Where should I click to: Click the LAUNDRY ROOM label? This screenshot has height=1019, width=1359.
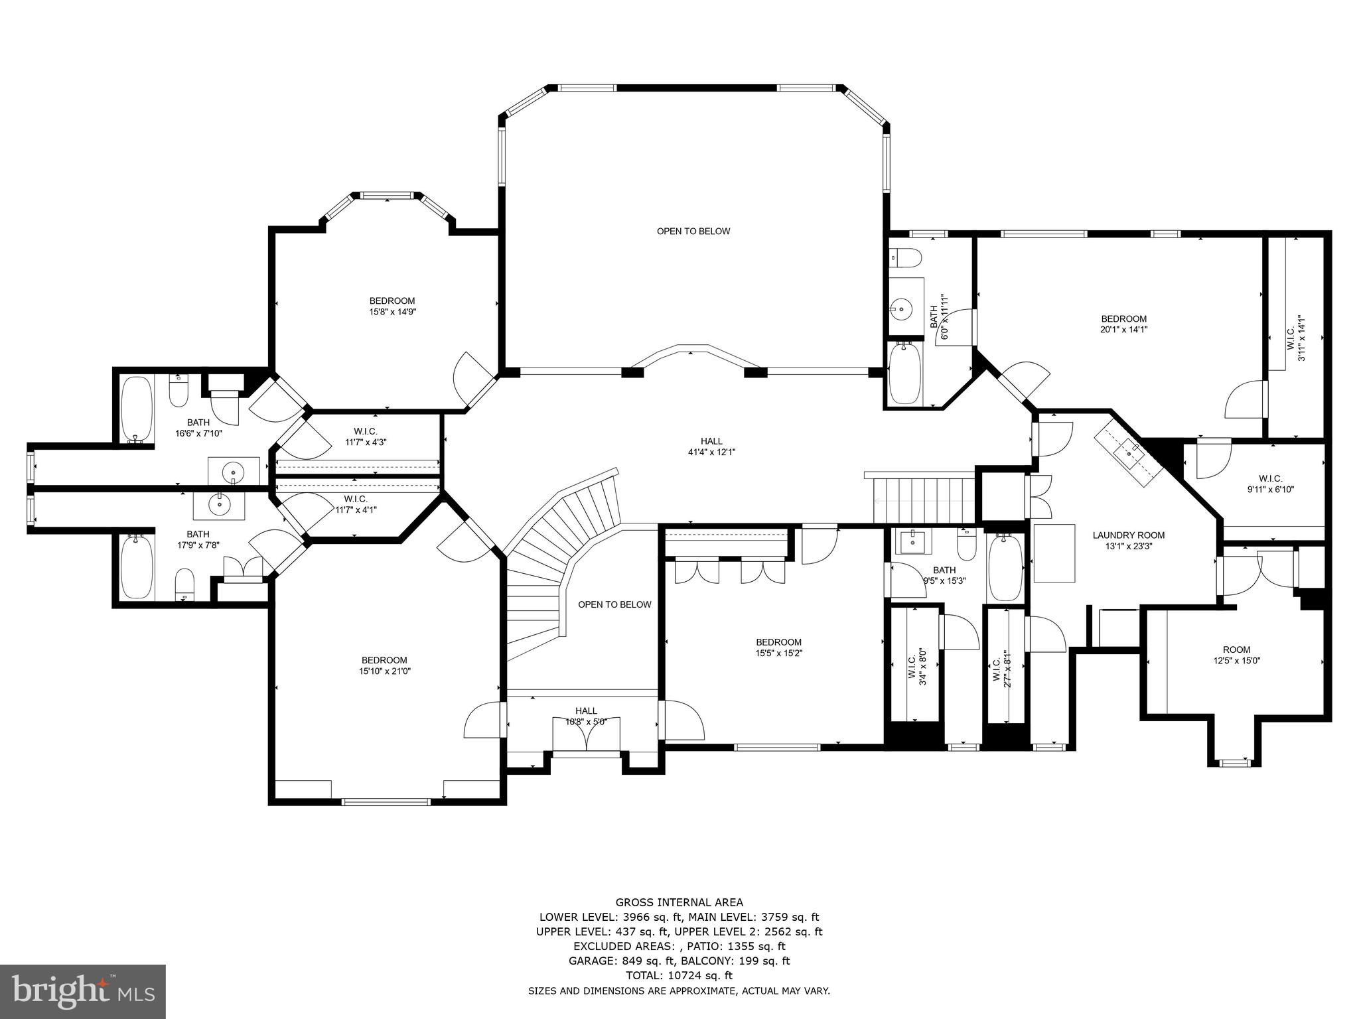pyautogui.click(x=1128, y=535)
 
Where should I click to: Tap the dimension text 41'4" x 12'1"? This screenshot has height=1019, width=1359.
pyautogui.click(x=711, y=452)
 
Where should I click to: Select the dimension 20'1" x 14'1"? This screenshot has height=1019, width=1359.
pyautogui.click(x=1123, y=329)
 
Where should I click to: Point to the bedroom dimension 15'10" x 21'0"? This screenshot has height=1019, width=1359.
pyautogui.click(x=384, y=671)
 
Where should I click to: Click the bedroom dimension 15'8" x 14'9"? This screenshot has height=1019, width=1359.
pyautogui.click(x=393, y=312)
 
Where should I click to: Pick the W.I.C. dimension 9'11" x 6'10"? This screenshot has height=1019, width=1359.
pyautogui.click(x=1270, y=490)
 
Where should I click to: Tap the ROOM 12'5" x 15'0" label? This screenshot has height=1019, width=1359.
pyautogui.click(x=1236, y=655)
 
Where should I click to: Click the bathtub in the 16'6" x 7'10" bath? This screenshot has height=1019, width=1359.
pyautogui.click(x=137, y=409)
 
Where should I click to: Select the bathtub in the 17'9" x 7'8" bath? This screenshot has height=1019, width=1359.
pyautogui.click(x=137, y=567)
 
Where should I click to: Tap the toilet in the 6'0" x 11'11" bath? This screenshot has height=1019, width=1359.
pyautogui.click(x=905, y=256)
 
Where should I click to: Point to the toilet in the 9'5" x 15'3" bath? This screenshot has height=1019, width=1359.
pyautogui.click(x=966, y=545)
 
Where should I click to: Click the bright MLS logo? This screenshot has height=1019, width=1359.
pyautogui.click(x=84, y=991)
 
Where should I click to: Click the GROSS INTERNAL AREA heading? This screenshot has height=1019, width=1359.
pyautogui.click(x=679, y=902)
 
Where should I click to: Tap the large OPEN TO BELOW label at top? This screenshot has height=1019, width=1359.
pyautogui.click(x=693, y=232)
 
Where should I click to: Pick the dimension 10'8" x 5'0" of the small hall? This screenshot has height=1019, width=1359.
pyautogui.click(x=586, y=722)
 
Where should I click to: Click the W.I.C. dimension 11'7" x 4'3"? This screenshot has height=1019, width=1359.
pyautogui.click(x=366, y=442)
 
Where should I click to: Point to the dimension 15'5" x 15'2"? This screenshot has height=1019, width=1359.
pyautogui.click(x=779, y=653)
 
